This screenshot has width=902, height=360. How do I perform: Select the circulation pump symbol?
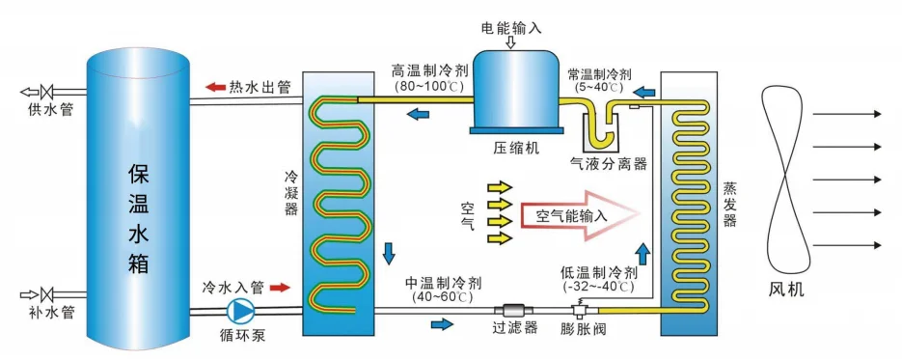(x=240, y=310)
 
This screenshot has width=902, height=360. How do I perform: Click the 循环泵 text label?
(x=240, y=338)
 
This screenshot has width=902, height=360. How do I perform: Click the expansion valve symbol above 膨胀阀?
(x=579, y=308)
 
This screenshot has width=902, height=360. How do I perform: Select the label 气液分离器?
(x=608, y=165)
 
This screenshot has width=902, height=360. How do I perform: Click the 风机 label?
(x=786, y=289)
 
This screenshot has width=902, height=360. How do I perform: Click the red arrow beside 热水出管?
(x=214, y=88)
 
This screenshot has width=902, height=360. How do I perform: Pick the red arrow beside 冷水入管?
(x=279, y=288)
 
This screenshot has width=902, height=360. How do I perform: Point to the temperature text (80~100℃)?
(x=429, y=87)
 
